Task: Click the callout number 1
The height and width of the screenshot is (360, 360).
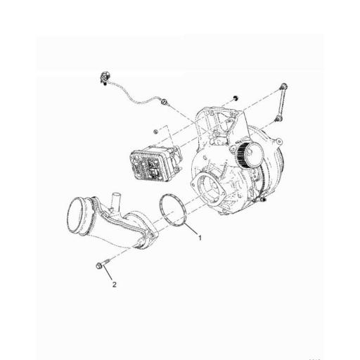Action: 200,238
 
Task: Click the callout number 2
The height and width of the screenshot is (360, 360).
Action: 112,285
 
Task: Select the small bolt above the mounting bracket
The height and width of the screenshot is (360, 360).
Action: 235,97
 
